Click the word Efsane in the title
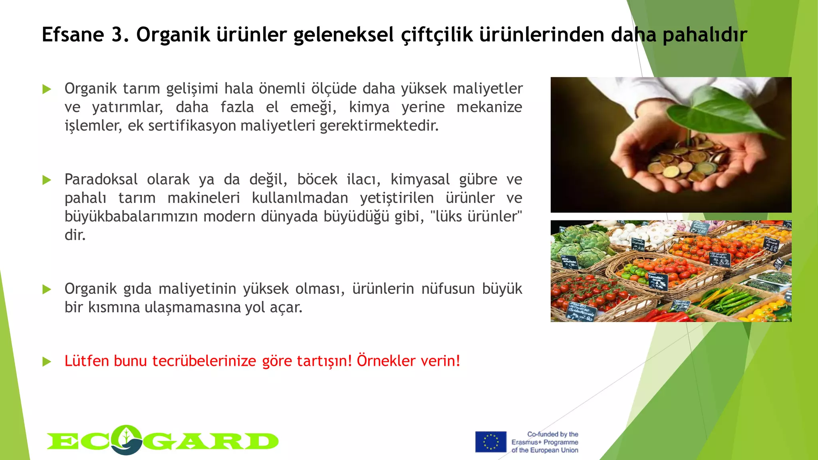[73, 35]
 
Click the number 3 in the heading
[117, 35]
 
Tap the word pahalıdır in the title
[705, 35]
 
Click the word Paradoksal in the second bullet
[101, 180]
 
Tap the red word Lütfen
[87, 361]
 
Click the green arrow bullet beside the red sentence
[47, 362]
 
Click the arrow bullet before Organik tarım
[47, 89]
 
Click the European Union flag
[490, 442]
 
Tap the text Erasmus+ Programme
[545, 442]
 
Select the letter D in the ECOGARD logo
[262, 442]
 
